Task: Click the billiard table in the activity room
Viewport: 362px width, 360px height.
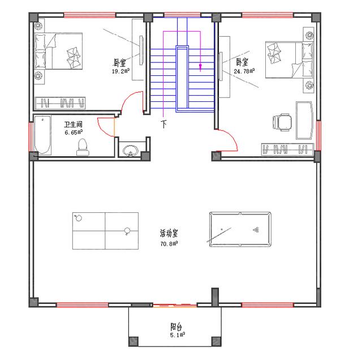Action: (x=240, y=229)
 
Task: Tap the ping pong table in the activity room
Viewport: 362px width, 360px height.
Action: (x=105, y=231)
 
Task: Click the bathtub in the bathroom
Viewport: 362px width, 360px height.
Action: (x=42, y=136)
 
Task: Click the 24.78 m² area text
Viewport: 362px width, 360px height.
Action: (x=244, y=71)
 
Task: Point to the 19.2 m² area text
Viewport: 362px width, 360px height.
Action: (x=120, y=71)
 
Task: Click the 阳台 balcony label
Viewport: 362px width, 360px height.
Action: (x=176, y=327)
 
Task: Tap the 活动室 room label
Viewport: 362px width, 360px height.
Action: (x=169, y=233)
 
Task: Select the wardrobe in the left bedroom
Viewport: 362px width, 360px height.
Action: (x=61, y=103)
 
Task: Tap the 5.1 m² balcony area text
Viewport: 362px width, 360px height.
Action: (x=177, y=335)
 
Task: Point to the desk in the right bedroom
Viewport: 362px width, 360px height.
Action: (x=304, y=120)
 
